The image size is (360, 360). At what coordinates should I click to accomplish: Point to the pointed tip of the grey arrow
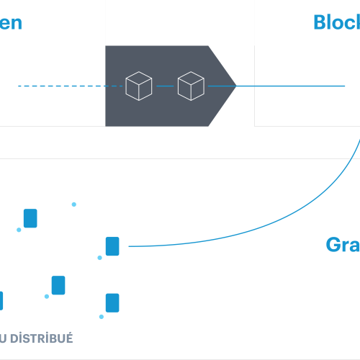235,86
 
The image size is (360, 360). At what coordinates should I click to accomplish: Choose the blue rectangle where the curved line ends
112,246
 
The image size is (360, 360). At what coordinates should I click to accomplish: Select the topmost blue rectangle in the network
30,218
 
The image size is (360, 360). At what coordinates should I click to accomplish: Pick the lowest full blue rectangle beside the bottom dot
112,302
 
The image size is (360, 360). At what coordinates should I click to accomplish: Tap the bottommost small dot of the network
102,317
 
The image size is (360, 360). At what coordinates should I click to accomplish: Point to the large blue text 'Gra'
342,245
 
